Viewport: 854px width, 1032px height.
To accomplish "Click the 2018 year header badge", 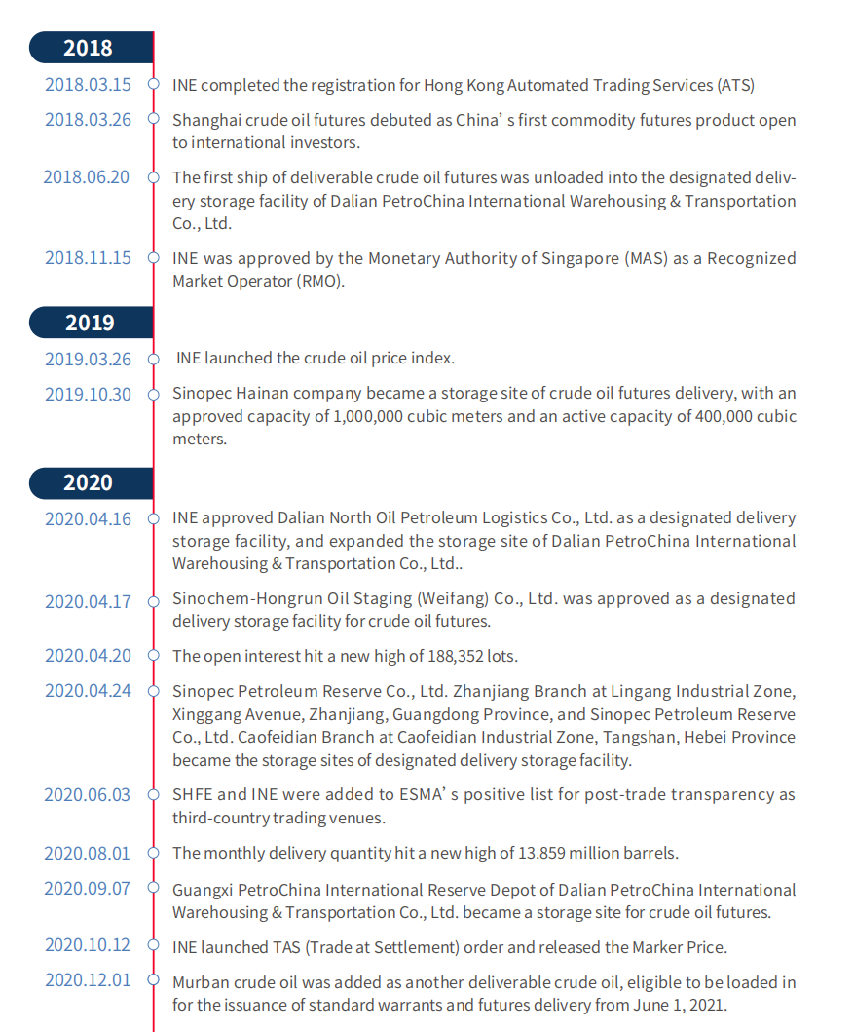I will [89, 48].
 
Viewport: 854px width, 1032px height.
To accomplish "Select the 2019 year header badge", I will [89, 323].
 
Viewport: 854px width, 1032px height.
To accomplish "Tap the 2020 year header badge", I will [89, 482].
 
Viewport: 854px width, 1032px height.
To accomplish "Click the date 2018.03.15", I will [88, 85].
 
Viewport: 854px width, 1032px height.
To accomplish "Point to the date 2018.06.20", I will [86, 177].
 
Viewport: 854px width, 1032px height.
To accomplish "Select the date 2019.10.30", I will [88, 395].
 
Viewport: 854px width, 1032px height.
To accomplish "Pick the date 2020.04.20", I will [88, 656].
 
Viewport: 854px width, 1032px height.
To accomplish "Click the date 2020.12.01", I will [88, 980].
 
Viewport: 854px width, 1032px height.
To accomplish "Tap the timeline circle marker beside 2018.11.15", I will [153, 258].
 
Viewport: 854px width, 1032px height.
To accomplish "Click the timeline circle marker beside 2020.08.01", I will [153, 854].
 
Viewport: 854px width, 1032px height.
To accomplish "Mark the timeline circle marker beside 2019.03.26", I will [153, 359].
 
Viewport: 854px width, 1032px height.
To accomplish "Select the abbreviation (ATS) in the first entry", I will [735, 85].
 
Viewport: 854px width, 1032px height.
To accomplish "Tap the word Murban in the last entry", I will [201, 982].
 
